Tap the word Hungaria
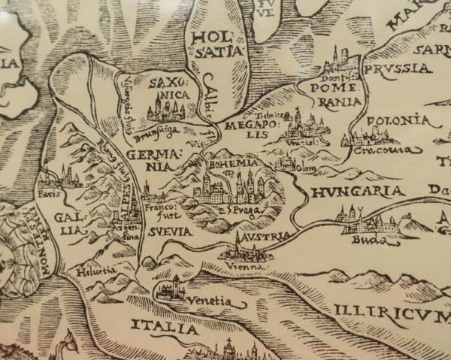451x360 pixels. point(357,191)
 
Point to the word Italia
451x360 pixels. point(164,327)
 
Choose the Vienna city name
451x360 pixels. point(248,266)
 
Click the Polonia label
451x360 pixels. point(400,120)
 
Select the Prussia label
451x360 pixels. point(398,68)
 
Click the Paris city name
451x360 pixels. point(51,194)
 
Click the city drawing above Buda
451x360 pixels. point(361,219)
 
